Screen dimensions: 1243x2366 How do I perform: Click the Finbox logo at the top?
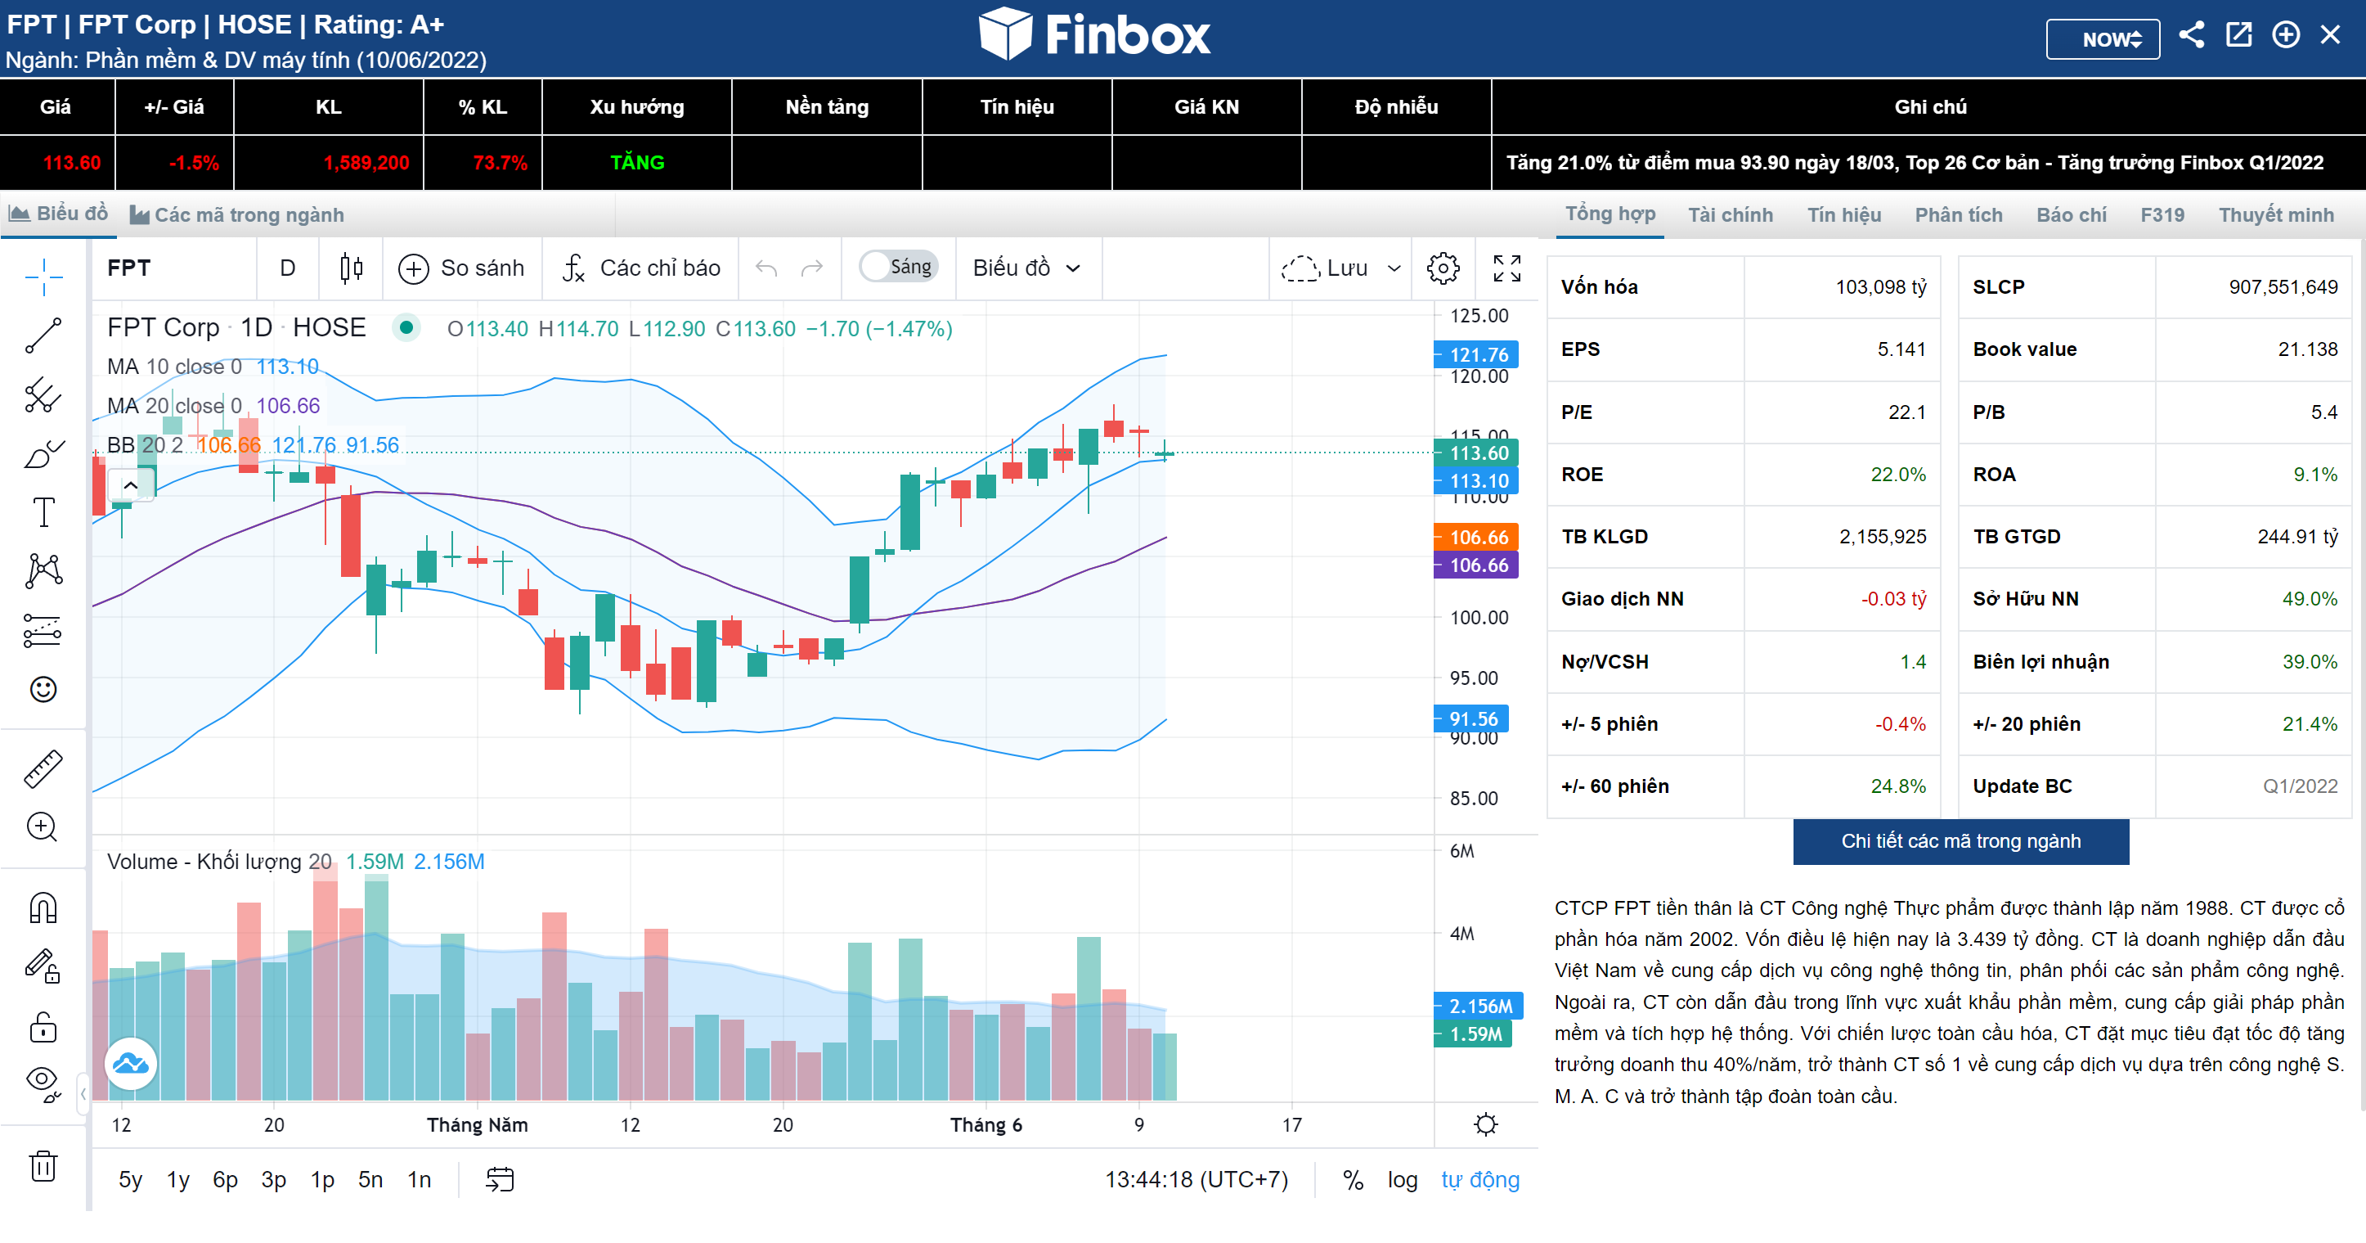pos(1094,35)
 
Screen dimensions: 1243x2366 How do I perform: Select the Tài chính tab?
pos(1730,215)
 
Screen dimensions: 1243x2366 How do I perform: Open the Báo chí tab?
pos(2071,215)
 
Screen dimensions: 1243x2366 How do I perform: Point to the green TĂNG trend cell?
pos(636,163)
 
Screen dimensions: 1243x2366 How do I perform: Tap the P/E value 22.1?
pos(1906,412)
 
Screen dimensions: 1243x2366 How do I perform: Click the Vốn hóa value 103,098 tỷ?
pos(1880,286)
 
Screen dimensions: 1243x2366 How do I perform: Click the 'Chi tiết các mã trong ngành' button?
pos(1960,840)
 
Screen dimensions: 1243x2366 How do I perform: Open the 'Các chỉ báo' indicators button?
pos(642,268)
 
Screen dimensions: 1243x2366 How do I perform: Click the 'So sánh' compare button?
pos(462,268)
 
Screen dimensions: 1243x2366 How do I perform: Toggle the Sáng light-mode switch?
pos(897,267)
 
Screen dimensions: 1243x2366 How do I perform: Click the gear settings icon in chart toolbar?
pos(1442,268)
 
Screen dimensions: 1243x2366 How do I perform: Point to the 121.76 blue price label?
pos(1477,354)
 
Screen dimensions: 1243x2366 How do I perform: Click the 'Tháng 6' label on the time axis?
pos(985,1124)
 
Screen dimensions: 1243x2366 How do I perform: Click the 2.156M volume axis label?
pos(1479,1006)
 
